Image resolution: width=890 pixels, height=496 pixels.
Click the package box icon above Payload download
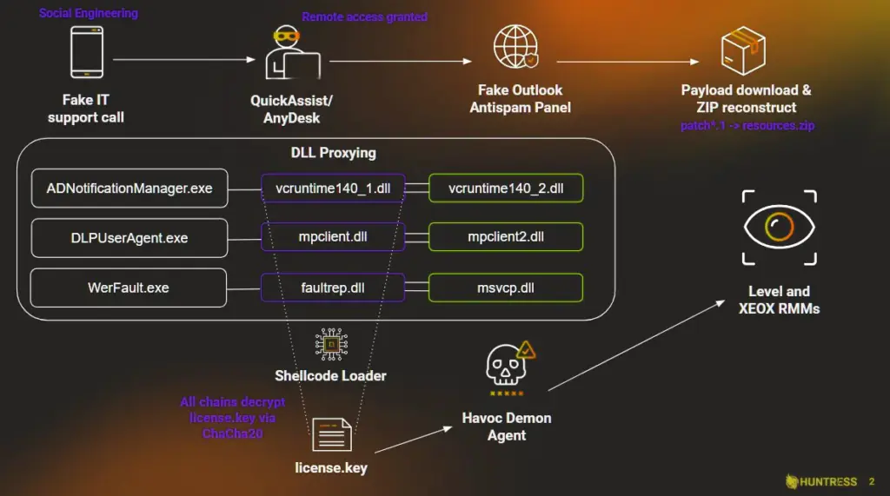pyautogui.click(x=743, y=51)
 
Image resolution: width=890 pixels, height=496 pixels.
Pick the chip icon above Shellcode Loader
pyautogui.click(x=330, y=345)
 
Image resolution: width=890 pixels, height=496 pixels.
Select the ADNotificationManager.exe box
pyautogui.click(x=130, y=188)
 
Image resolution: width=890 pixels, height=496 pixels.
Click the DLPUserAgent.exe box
pyautogui.click(x=130, y=238)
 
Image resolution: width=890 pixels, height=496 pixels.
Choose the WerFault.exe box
pyautogui.click(x=129, y=288)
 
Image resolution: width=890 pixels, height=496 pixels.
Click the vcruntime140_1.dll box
pyautogui.click(x=333, y=188)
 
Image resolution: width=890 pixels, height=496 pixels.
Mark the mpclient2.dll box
pyautogui.click(x=506, y=237)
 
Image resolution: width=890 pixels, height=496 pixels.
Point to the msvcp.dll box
pyautogui.click(x=506, y=288)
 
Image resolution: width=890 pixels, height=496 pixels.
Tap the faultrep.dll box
pyautogui.click(x=333, y=288)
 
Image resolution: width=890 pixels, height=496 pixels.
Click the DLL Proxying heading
pyautogui.click(x=333, y=153)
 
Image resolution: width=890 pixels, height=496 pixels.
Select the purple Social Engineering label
pyautogui.click(x=88, y=13)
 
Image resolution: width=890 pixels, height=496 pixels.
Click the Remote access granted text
pyautogui.click(x=364, y=17)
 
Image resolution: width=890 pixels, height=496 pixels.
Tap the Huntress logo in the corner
pyautogui.click(x=821, y=481)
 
